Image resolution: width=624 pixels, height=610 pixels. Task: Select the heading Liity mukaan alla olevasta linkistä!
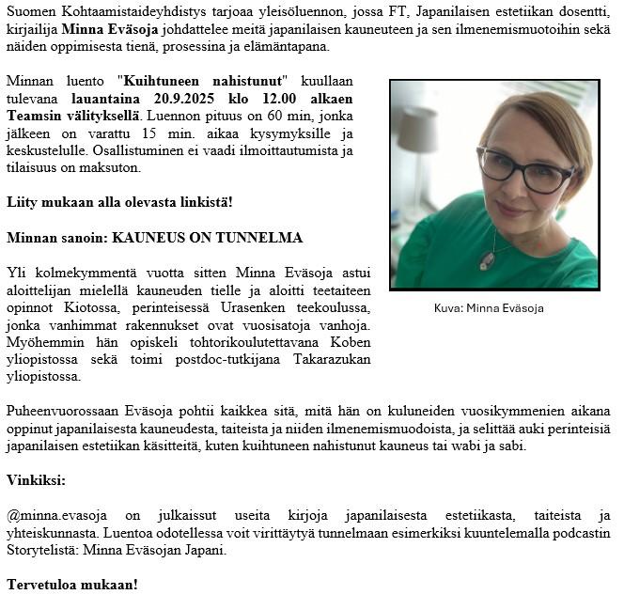coord(119,202)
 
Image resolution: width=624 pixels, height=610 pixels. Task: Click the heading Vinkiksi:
coord(36,479)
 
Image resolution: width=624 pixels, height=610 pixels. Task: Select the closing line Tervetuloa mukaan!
coord(71,585)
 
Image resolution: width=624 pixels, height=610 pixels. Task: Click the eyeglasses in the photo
coord(523,169)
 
